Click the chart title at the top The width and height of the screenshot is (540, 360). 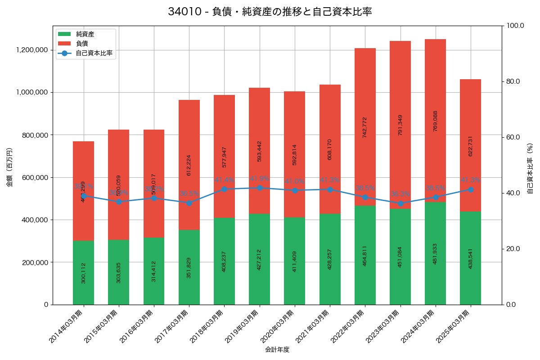coord(270,12)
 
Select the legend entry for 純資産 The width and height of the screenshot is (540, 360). coord(85,34)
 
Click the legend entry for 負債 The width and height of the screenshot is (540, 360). coord(81,44)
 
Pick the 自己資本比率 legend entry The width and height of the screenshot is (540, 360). coord(94,53)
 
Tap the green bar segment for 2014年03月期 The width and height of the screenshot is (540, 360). coord(83,273)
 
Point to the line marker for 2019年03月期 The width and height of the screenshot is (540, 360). coord(260,188)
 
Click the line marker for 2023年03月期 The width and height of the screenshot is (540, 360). coord(400,203)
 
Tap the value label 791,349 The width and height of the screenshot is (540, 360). coord(400,126)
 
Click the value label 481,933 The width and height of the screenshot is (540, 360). coord(435,254)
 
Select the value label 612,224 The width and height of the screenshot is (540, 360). coord(189,165)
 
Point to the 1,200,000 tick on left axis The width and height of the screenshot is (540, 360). coord(32,50)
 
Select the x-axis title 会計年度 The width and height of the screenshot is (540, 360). coord(277,349)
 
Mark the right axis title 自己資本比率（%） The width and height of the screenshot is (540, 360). coord(530,168)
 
